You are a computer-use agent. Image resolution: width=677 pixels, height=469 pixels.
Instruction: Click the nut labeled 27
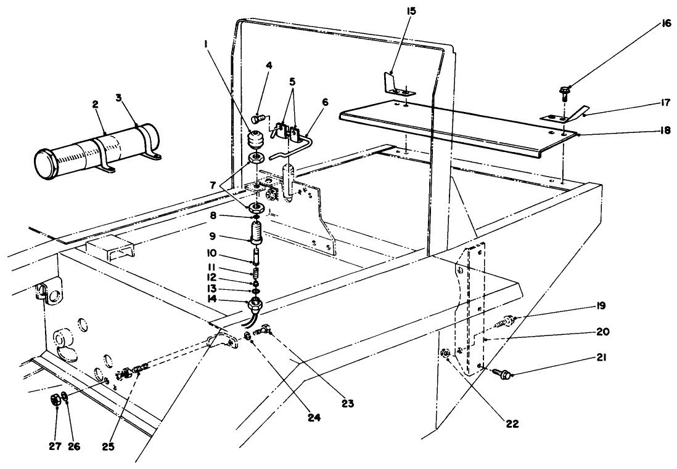pos(55,400)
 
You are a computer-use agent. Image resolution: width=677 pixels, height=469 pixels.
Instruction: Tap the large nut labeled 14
pos(253,303)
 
